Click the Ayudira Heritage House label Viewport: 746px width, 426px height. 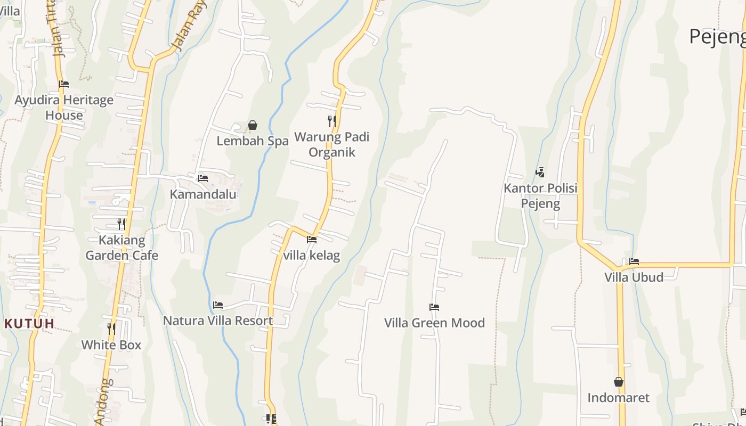coord(64,108)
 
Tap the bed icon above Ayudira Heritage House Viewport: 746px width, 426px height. coord(64,84)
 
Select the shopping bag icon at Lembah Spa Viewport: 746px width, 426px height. coord(253,126)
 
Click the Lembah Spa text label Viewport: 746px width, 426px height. coord(253,141)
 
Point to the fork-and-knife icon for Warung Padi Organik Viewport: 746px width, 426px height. coord(332,121)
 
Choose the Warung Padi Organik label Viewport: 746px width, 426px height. coord(332,145)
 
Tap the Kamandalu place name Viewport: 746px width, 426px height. coord(203,194)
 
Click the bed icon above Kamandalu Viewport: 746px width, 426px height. coord(203,178)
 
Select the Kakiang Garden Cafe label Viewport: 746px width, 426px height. coord(122,248)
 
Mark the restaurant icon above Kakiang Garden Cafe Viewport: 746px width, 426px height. coord(122,224)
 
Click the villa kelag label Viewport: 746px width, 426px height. coord(312,256)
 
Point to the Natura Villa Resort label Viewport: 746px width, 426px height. coord(218,321)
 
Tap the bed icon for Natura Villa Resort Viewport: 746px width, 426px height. coord(218,305)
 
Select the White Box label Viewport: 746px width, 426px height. coord(111,345)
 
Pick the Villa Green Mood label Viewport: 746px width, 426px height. coord(435,323)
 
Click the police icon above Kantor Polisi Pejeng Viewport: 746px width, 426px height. coord(540,173)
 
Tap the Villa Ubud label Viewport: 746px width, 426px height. coord(634,277)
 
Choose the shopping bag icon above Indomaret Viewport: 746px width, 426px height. coord(619,382)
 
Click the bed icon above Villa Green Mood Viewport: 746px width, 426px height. coord(434,307)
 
